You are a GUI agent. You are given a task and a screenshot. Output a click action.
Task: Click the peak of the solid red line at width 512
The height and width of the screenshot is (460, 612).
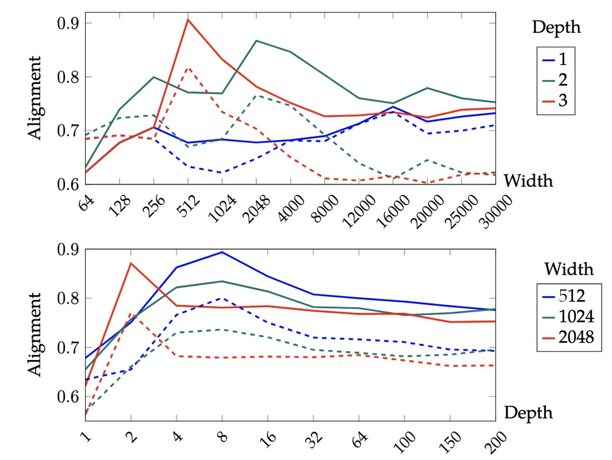[x=188, y=20]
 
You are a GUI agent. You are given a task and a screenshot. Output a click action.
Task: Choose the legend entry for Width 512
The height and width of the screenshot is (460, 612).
[x=568, y=297]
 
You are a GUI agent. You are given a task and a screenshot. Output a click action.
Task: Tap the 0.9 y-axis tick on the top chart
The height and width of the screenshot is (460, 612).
[x=70, y=24]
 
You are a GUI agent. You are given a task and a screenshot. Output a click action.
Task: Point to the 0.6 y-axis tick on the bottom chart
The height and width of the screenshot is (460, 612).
[x=70, y=397]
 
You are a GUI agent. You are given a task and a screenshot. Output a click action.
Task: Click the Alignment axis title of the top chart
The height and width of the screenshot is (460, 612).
[x=35, y=98]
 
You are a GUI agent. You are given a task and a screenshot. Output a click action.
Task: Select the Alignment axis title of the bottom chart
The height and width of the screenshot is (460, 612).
[x=35, y=335]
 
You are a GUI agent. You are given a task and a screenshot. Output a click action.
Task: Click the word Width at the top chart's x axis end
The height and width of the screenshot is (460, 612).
[x=528, y=181]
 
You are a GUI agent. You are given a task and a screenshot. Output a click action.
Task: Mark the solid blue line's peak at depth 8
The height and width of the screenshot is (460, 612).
[x=222, y=252]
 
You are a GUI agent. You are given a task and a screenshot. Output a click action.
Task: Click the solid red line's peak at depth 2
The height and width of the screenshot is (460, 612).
[x=131, y=263]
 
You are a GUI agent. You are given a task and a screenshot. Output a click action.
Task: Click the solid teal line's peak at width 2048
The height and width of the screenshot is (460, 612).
[x=256, y=41]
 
